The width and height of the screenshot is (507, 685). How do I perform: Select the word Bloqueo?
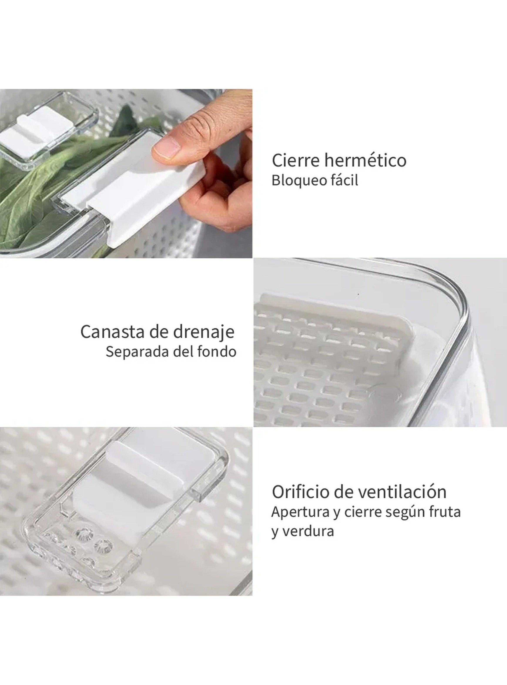tap(293, 181)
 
